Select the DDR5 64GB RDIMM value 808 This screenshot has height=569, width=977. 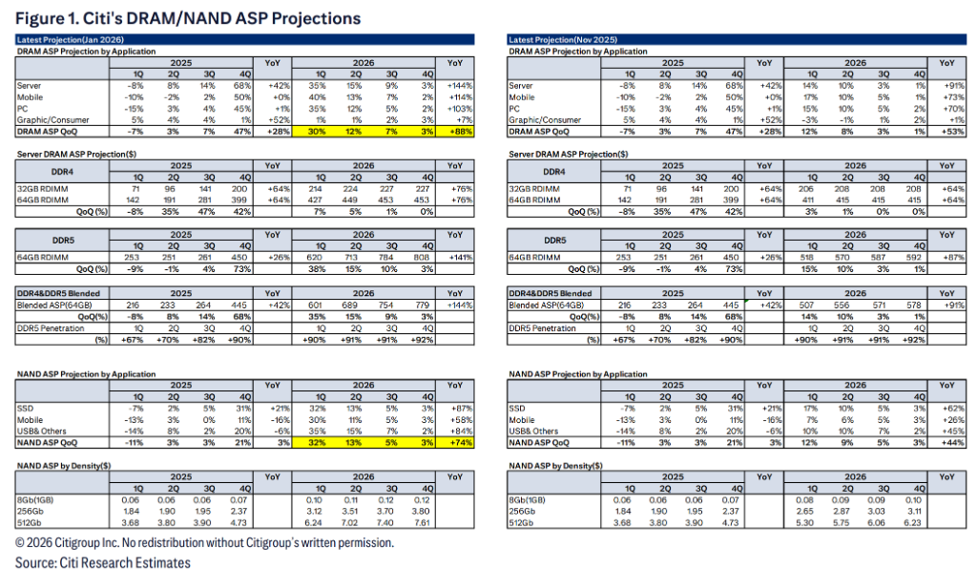pyautogui.click(x=426, y=257)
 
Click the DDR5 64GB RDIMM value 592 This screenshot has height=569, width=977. pyautogui.click(x=918, y=257)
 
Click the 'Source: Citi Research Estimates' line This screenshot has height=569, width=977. pyautogui.click(x=102, y=561)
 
